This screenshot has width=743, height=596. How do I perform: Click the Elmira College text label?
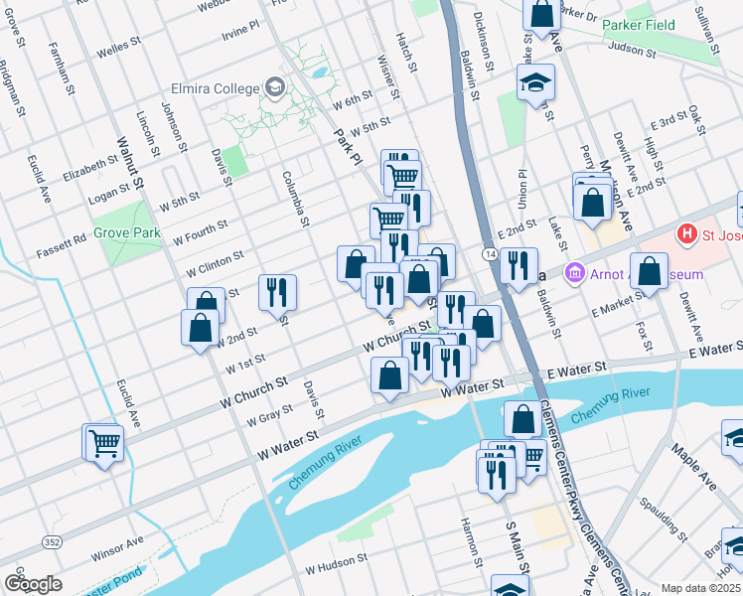[216, 88]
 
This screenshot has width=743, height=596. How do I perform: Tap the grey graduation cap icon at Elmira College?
[273, 88]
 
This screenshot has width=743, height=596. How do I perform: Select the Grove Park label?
[127, 234]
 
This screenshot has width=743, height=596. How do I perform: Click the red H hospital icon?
[684, 235]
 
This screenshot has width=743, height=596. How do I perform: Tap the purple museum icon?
[573, 272]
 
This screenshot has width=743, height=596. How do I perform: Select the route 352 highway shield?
[52, 540]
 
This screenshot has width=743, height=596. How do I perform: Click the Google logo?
[33, 583]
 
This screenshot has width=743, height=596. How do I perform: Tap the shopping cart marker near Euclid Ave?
[104, 443]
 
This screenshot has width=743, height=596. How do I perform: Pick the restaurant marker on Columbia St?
[277, 291]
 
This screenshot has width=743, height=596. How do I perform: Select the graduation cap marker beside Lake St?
[535, 81]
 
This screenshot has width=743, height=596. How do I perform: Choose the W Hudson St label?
[337, 569]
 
